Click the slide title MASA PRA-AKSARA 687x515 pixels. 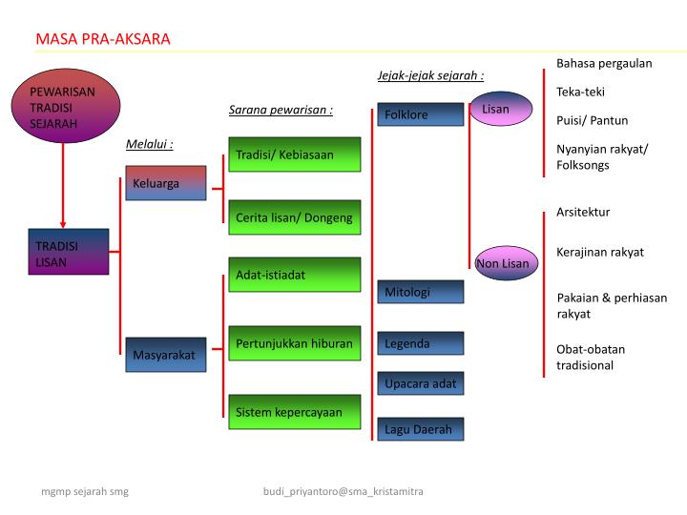point(103,39)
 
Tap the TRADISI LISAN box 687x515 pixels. point(67,253)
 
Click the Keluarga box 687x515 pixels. point(164,183)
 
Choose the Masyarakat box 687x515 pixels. point(164,355)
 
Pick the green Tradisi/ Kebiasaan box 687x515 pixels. point(294,154)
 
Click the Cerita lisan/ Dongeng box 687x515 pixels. point(294,217)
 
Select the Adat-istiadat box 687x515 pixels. point(294,275)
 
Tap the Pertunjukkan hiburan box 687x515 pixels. point(294,343)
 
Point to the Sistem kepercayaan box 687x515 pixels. point(294,412)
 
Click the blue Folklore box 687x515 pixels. point(420,114)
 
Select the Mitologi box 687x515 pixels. point(420,292)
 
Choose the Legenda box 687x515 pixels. point(420,343)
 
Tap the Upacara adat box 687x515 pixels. point(420,384)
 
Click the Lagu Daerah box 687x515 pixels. point(420,430)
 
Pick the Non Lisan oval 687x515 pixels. point(503,263)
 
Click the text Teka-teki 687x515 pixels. point(580,92)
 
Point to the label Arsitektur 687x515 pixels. point(582,212)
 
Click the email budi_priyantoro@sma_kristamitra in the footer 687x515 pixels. point(343,491)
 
